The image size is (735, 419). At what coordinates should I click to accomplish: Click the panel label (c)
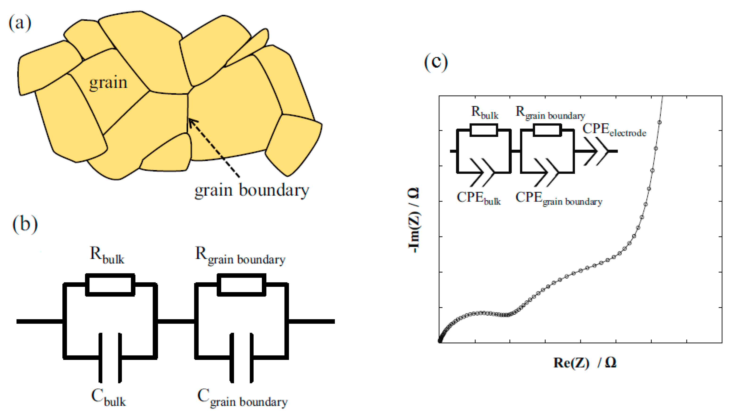[436, 62]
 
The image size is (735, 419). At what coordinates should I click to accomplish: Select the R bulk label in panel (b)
[107, 255]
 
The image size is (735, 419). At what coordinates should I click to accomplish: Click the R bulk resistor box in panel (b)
[110, 285]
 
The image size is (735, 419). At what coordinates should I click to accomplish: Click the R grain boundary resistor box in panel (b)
[241, 285]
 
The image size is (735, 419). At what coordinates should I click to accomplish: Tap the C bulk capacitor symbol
[110, 358]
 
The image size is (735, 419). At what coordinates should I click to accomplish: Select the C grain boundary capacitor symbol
[241, 358]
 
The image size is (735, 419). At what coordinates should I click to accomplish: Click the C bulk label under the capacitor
[109, 397]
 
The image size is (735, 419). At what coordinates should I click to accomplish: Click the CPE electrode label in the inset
[614, 130]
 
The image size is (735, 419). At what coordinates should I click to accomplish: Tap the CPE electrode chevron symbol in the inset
[597, 151]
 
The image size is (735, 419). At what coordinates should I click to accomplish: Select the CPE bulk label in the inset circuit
[478, 198]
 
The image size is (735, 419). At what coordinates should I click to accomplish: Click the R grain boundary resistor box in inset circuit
[547, 130]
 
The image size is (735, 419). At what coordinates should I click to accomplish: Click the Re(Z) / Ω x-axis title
[585, 363]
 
